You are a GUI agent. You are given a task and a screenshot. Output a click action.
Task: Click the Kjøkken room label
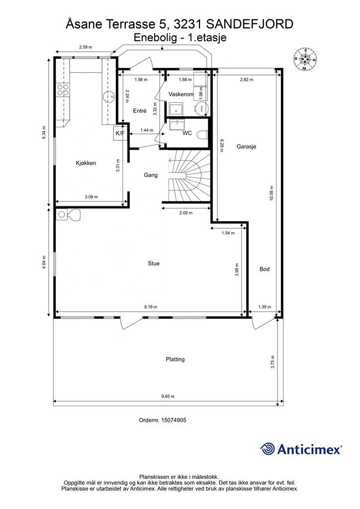click(x=86, y=163)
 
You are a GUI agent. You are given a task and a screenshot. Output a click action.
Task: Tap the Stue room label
click(x=154, y=263)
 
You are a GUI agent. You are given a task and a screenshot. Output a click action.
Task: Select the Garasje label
click(x=247, y=147)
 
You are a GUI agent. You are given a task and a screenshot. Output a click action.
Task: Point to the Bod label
click(x=265, y=269)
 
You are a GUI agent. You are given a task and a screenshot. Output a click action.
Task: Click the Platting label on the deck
click(x=176, y=359)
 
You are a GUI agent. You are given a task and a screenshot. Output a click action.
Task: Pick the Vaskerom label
click(x=181, y=94)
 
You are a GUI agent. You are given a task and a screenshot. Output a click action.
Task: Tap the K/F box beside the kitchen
click(x=120, y=133)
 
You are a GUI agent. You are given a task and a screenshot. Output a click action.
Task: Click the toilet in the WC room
click(x=202, y=134)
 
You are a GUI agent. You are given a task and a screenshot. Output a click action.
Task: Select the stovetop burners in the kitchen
click(x=63, y=89)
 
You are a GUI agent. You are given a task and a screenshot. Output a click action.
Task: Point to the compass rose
click(x=305, y=59)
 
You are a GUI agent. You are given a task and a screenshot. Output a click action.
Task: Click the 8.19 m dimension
click(x=151, y=307)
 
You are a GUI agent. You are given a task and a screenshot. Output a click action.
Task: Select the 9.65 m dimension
click(x=168, y=396)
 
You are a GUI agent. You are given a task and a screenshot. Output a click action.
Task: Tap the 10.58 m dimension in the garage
click(x=271, y=193)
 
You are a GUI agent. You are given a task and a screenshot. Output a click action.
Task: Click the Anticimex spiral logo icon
click(x=268, y=449)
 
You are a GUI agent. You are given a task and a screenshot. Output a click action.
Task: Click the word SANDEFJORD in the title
click(x=250, y=24)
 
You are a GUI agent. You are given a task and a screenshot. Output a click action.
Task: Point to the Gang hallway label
click(x=151, y=175)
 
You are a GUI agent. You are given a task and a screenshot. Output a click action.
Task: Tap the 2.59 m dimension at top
click(x=86, y=47)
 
